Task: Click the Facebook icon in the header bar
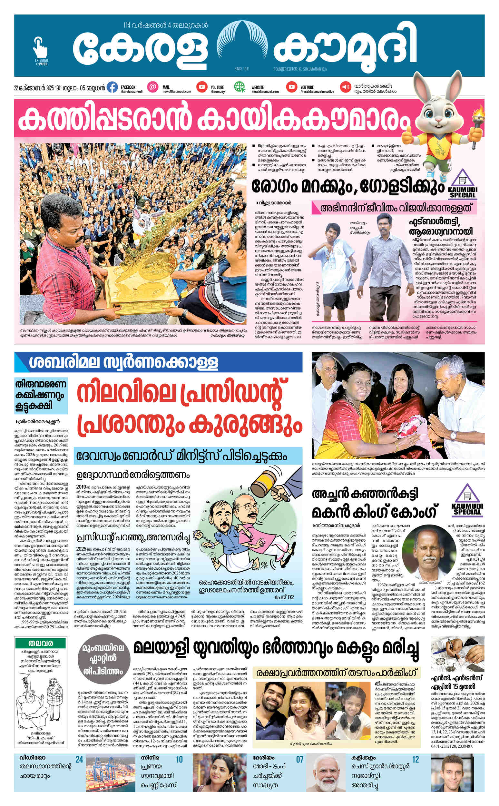coord(112,87)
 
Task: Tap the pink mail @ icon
coord(152,87)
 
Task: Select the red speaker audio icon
coord(346,87)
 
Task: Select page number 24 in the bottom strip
coord(79,760)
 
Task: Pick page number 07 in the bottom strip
coord(299,760)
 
